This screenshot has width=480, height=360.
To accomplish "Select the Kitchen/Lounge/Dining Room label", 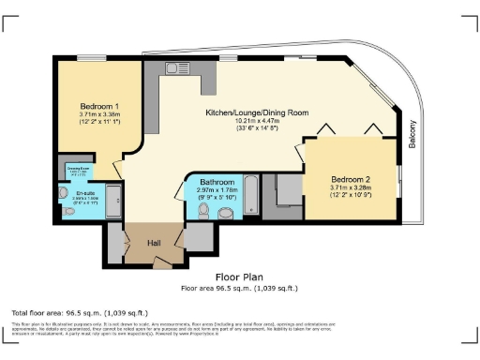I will (257, 112).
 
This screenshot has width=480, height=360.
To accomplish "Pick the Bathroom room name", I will (217, 183).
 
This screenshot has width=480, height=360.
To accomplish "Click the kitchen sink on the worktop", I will (177, 67).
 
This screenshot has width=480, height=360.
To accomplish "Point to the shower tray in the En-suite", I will (112, 200).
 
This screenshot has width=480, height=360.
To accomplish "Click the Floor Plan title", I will (239, 277).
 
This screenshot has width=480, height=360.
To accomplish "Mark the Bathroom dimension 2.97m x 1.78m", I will (217, 190).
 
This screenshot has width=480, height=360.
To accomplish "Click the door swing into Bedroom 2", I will (301, 153).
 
